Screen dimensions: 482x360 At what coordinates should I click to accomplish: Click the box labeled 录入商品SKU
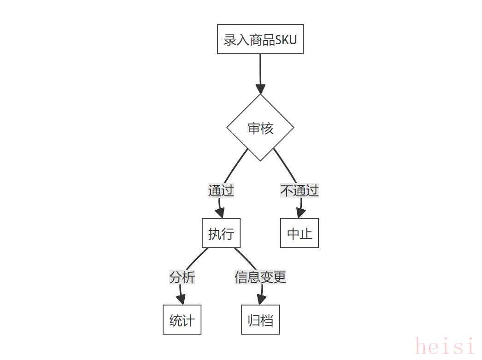point(260,39)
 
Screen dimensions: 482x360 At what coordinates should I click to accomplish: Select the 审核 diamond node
point(260,128)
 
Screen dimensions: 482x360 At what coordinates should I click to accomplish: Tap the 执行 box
point(221,233)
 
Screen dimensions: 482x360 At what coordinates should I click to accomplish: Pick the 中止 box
point(300,233)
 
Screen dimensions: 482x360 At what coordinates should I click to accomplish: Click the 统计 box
point(182,320)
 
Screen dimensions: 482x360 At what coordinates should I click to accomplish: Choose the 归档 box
point(260,320)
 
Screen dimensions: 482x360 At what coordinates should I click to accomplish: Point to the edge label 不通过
point(300,191)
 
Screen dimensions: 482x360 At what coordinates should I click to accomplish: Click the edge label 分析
point(182,277)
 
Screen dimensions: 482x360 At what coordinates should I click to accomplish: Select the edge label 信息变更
point(260,277)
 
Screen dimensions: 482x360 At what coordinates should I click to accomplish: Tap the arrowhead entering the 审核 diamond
point(260,89)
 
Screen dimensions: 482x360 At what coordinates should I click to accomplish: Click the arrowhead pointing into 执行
point(220,213)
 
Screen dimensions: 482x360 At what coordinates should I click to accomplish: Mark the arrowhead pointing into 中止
point(300,213)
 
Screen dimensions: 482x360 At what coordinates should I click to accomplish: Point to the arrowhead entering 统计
point(181,300)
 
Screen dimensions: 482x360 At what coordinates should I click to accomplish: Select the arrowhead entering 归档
point(261,300)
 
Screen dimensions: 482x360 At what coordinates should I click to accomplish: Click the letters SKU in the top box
point(286,40)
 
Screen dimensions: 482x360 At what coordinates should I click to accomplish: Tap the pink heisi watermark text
point(445,347)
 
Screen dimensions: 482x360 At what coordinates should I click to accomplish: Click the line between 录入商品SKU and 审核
point(260,69)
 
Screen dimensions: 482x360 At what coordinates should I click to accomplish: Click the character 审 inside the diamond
point(254,128)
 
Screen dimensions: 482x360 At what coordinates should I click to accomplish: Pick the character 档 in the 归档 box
point(267,320)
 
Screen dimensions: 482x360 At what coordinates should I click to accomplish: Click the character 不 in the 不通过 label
point(287,191)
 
